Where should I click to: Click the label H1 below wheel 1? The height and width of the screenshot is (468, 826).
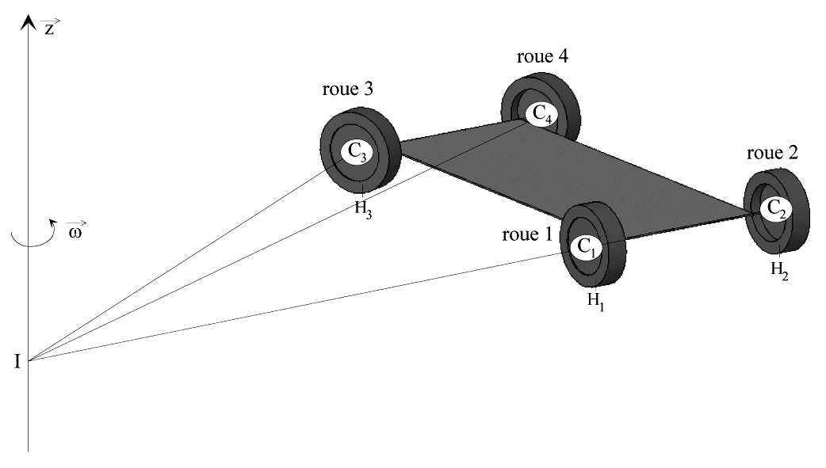595,301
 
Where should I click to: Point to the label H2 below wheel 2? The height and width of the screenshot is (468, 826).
780,269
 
